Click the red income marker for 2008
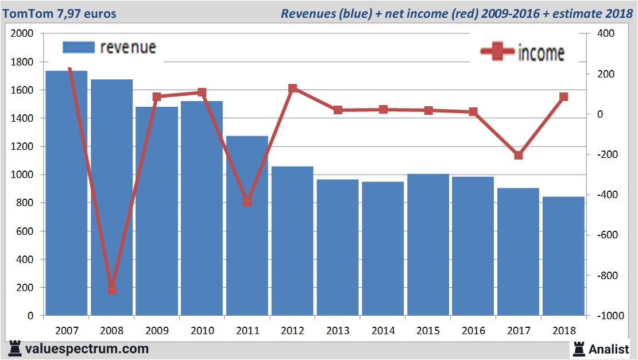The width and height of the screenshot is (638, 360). coord(112,290)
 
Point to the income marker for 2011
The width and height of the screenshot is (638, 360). coord(248,202)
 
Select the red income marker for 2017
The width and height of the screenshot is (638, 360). coord(519,155)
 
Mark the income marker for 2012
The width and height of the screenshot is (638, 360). coord(293,88)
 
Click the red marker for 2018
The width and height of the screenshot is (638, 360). coord(564,97)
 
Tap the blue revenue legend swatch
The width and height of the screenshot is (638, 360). coord(78,48)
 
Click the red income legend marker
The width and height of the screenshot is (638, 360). coord(497,52)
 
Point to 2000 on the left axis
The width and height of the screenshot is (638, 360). coord(22,34)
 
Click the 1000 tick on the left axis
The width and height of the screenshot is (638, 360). coord(22,175)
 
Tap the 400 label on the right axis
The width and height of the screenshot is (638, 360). coord(606,34)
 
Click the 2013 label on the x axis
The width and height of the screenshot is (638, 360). coord(338,331)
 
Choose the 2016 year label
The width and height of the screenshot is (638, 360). coord(473,331)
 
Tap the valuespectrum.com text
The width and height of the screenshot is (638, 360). coord(87,349)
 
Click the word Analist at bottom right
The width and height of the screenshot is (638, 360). coord(609,349)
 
